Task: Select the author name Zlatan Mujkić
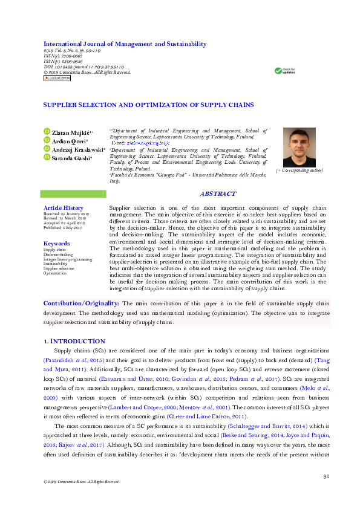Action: (x=71, y=132)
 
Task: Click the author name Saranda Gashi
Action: (x=71, y=157)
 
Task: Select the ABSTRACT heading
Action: (x=218, y=194)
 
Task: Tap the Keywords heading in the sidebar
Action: (x=56, y=244)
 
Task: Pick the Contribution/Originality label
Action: (x=81, y=303)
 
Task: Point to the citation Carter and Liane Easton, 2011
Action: (x=221, y=400)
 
